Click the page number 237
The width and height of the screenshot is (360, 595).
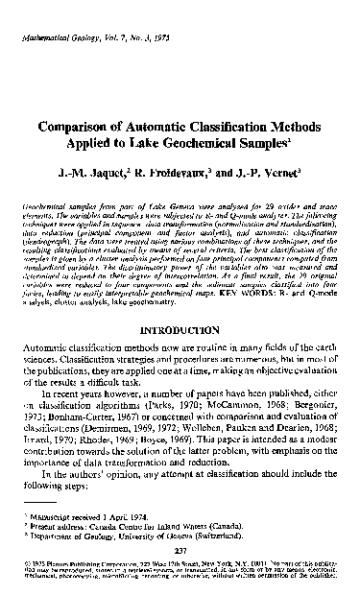pyautogui.click(x=180, y=558)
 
